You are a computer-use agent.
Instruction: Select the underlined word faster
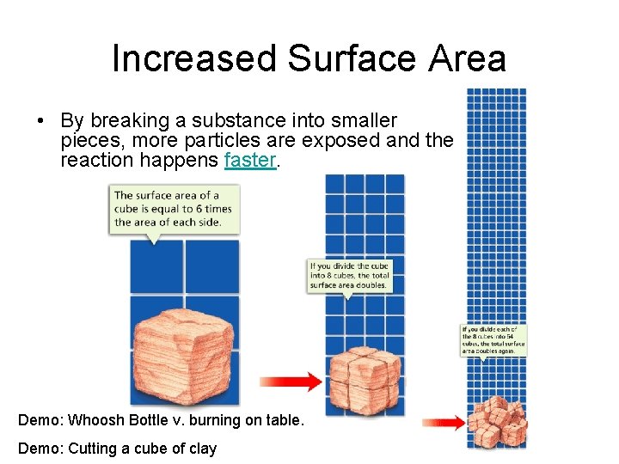pos(250,161)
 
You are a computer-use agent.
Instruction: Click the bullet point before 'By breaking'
pos(42,121)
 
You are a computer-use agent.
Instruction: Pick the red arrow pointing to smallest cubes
pos(442,423)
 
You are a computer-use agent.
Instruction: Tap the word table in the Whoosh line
pos(281,421)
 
